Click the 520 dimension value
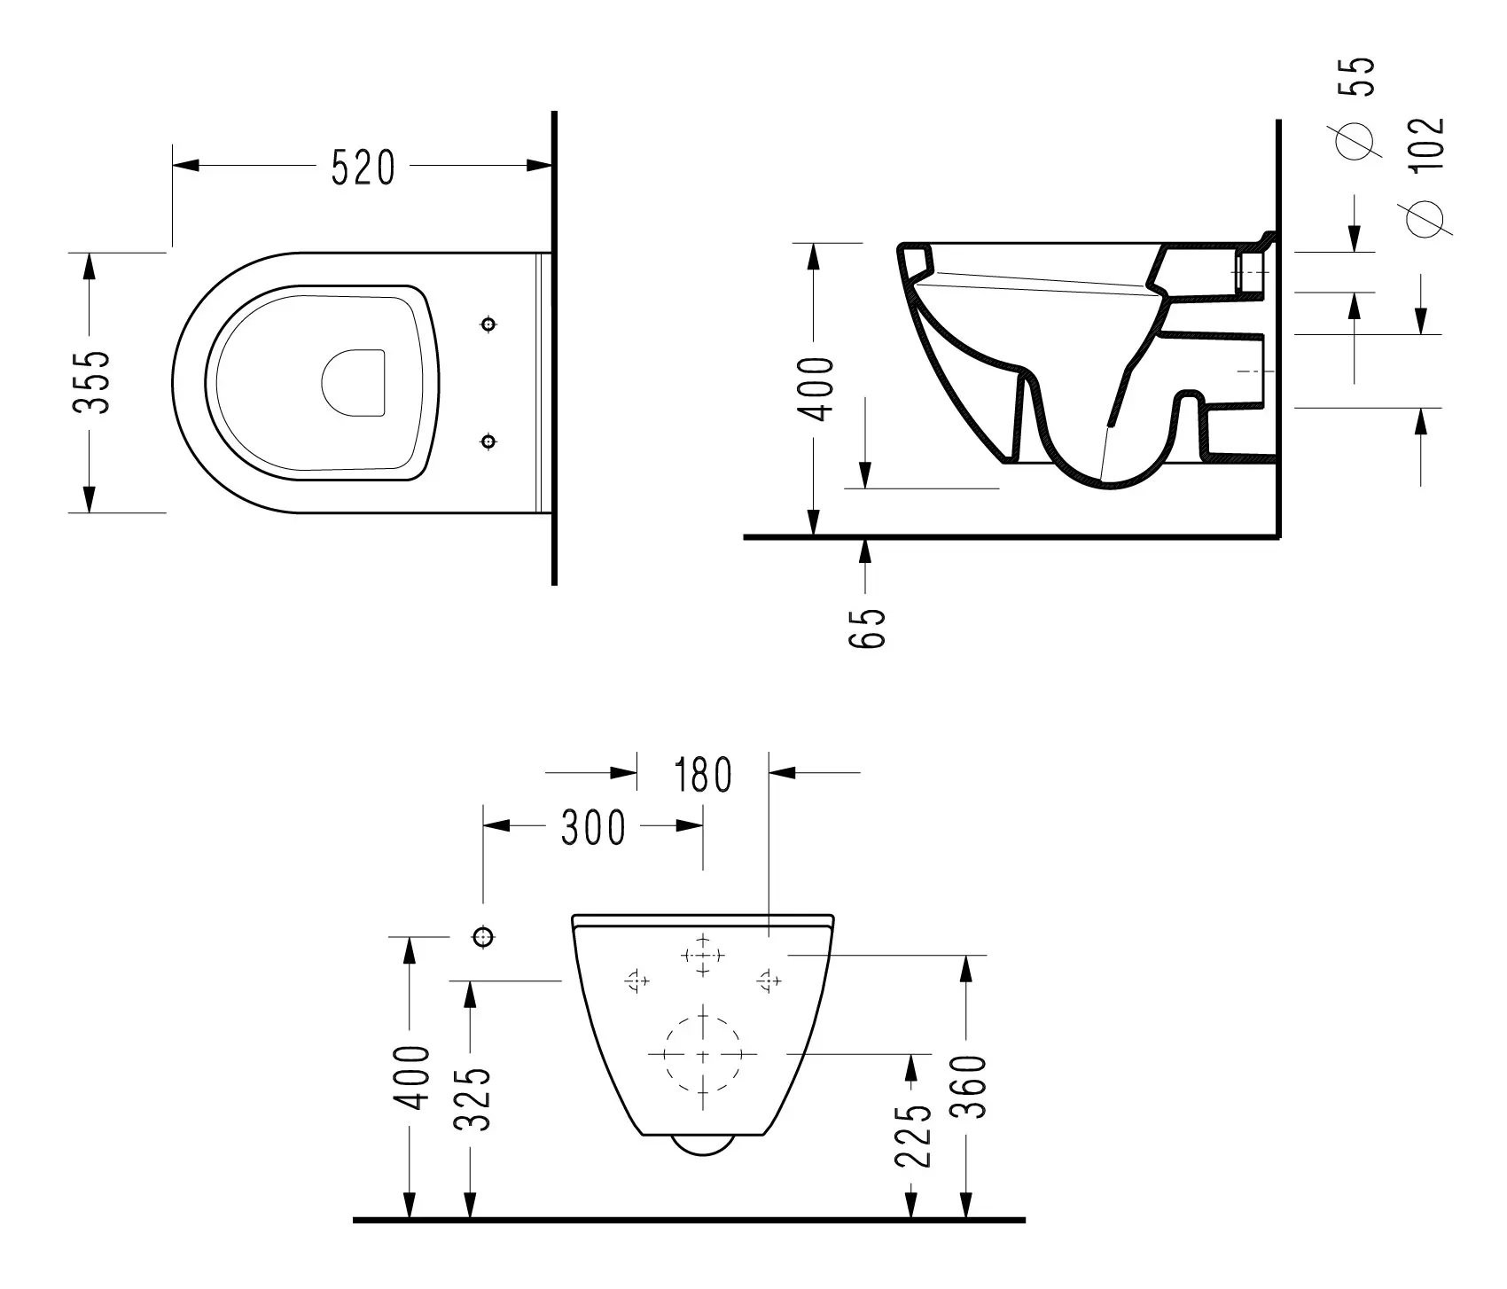[x=363, y=168]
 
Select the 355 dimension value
[x=91, y=382]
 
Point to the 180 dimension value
[x=702, y=775]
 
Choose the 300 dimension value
[x=593, y=828]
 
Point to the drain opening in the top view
[x=353, y=382]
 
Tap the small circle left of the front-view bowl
[x=483, y=936]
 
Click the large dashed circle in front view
[x=703, y=1054]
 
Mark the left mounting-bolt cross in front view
[x=636, y=980]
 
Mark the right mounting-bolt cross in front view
[x=769, y=980]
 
